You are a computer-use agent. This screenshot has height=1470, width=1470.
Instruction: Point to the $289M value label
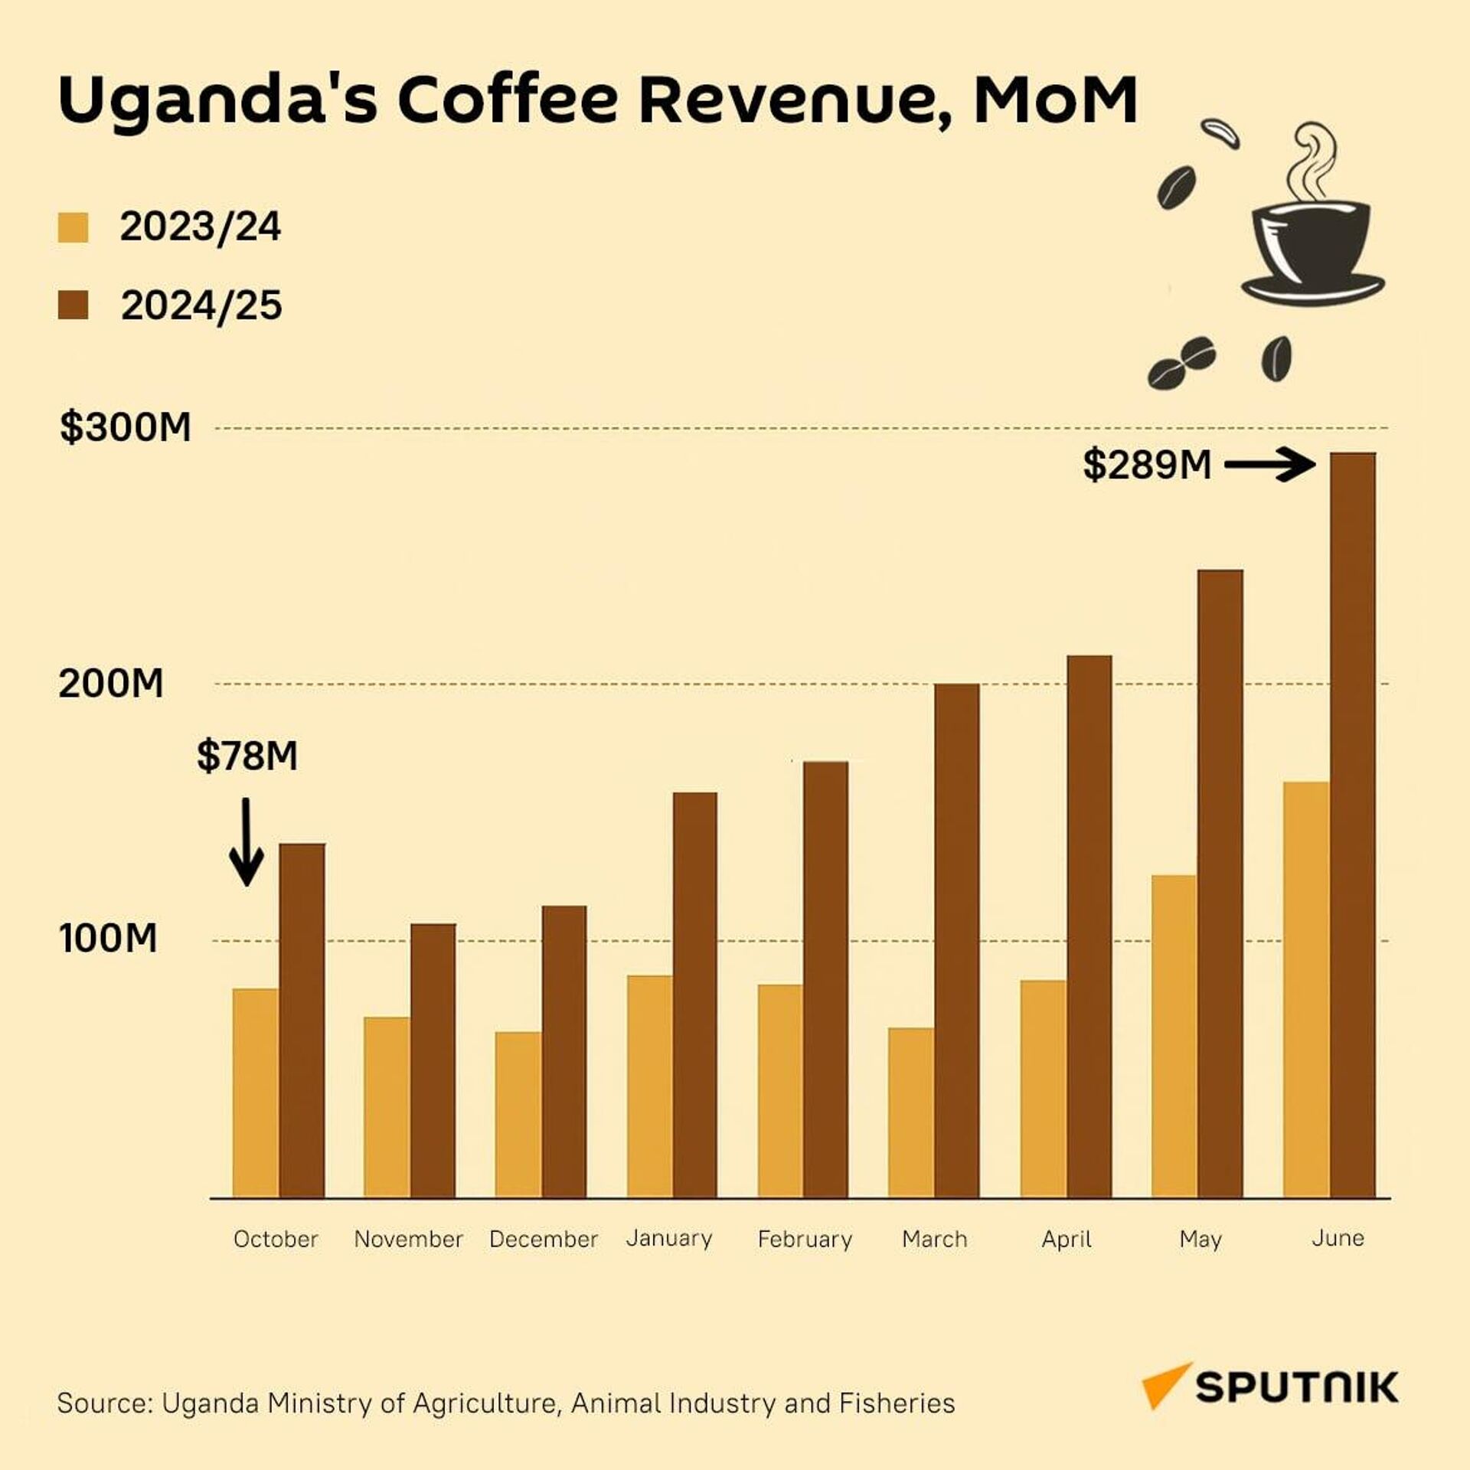pos(1147,465)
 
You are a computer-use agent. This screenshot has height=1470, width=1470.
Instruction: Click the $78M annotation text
pos(247,756)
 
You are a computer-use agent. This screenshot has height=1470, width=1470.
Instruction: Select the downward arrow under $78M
pos(247,842)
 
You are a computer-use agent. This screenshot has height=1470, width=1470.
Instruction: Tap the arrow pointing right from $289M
pos(1269,465)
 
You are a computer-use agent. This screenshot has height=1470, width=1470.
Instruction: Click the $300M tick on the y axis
pos(126,427)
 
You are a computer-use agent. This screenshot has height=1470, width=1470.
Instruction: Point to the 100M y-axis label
pos(108,938)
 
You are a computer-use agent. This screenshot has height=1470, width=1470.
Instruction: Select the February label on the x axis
pos(805,1239)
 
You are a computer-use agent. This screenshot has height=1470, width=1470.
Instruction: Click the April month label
pos(1067,1239)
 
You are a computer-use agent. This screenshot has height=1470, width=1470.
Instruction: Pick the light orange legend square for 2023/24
pos(73,227)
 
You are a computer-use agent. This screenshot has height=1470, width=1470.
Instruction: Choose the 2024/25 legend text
pos(201,305)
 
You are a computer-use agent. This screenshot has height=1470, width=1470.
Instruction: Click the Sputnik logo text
pos(1297,1387)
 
